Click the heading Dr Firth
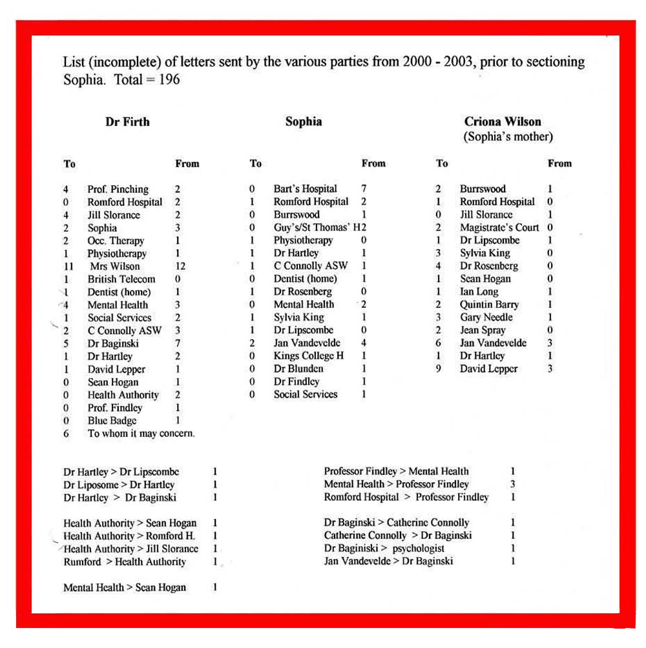click(127, 121)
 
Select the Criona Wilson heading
click(503, 121)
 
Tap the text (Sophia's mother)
click(508, 137)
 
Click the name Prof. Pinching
click(118, 189)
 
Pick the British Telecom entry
click(121, 279)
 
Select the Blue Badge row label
click(112, 421)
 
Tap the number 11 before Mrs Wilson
click(68, 266)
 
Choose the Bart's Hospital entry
click(305, 189)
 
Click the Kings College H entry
click(308, 356)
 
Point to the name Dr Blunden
click(298, 369)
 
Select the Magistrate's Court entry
click(499, 227)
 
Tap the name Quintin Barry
click(489, 305)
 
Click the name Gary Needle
click(486, 318)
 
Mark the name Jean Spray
click(483, 330)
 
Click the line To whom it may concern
click(141, 434)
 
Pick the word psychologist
click(418, 549)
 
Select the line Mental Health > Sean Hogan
click(124, 587)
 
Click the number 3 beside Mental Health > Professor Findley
click(513, 484)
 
